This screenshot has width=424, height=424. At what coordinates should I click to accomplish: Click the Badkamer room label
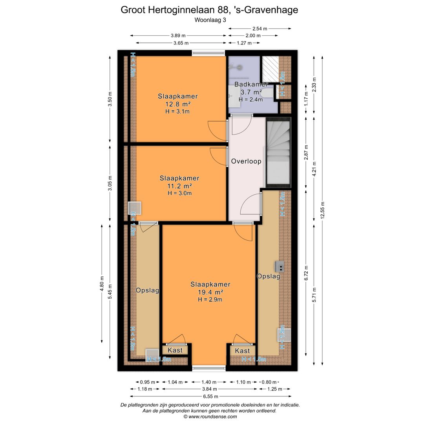coord(251,84)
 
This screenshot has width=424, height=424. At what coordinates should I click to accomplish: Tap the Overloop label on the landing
coord(246,161)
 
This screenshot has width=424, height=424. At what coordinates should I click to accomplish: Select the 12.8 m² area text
coord(178,104)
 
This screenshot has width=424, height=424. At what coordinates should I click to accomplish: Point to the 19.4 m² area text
coord(211,292)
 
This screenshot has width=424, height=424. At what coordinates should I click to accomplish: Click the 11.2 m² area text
coord(179,186)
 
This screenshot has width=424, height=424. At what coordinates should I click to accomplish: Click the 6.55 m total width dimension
coord(211,397)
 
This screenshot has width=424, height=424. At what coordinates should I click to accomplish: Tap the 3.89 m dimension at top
coord(178,35)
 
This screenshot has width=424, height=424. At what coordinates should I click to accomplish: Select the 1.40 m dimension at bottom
coord(209,382)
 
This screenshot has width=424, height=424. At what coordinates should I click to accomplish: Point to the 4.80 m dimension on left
coord(102,283)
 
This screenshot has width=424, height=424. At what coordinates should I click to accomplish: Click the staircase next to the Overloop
coord(278,152)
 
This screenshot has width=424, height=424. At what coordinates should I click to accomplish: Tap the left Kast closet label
coord(175,351)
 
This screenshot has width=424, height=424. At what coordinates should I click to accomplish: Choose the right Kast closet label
coord(242,351)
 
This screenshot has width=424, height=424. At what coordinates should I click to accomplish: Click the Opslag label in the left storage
coord(147,291)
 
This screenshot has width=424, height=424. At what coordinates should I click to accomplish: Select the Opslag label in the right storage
coord(268,276)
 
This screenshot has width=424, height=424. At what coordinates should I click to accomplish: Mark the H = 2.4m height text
coord(250,99)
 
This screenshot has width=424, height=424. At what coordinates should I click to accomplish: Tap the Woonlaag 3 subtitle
coord(210,20)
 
